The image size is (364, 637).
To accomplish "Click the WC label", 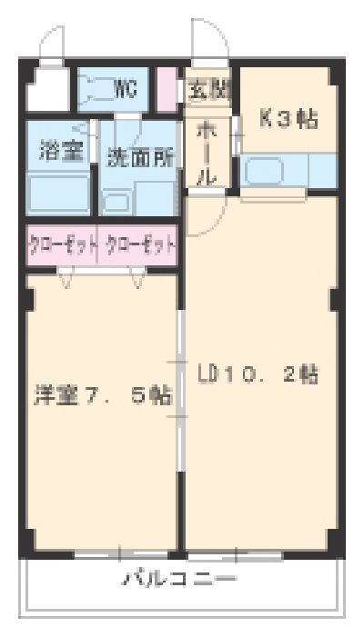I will [x=126, y=88].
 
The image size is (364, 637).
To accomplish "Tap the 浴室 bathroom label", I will [x=60, y=151].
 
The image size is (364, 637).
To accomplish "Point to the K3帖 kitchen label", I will [x=288, y=120].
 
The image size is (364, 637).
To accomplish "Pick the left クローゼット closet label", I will [x=61, y=244].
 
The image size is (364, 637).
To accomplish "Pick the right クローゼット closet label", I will [x=139, y=244].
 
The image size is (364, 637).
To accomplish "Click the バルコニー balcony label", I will [x=182, y=579].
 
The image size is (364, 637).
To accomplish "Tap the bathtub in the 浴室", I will [x=59, y=193].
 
